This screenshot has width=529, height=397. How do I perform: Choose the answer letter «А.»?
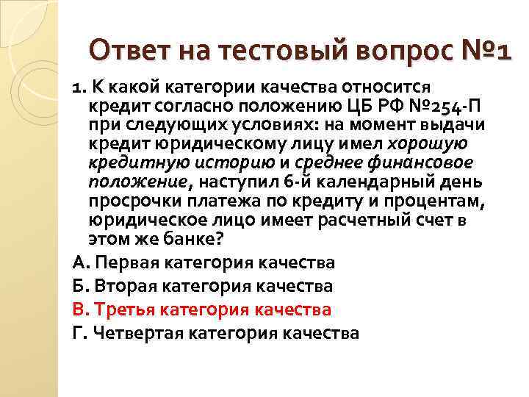tap(82, 262)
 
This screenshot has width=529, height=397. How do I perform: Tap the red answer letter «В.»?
tap(82, 310)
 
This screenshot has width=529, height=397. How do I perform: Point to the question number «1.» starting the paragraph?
tap(80, 87)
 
